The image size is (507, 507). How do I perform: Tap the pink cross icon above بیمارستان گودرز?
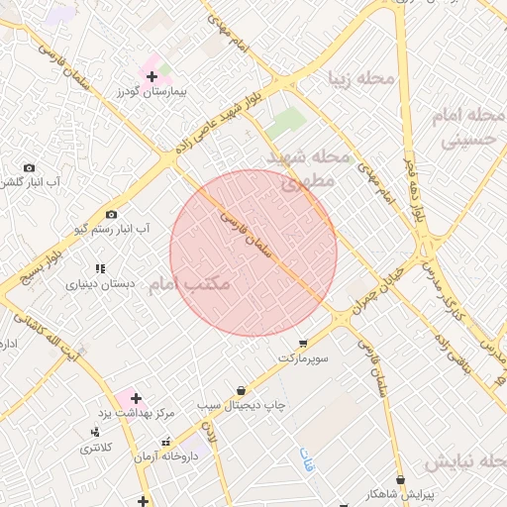[151, 75]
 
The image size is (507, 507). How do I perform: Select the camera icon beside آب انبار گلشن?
[29, 168]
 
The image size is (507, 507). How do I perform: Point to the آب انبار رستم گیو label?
[111, 229]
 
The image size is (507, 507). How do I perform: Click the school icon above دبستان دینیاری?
[99, 268]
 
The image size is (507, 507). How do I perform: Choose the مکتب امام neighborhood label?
[189, 284]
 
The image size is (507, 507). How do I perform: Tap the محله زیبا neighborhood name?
[363, 77]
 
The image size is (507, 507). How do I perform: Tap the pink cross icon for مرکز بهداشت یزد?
[135, 398]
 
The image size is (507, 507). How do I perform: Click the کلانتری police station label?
[96, 448]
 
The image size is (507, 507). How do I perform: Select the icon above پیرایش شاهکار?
[398, 479]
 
